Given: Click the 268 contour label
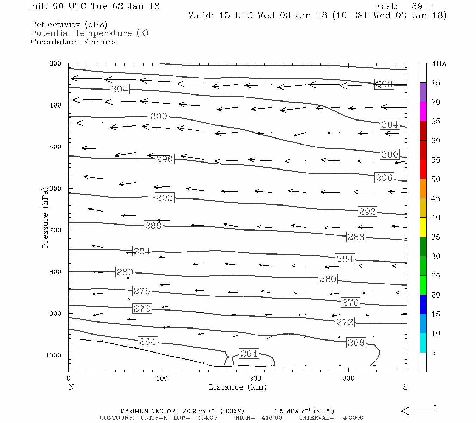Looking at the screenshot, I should pyautogui.click(x=356, y=343).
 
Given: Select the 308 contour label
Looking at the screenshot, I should pyautogui.click(x=384, y=84).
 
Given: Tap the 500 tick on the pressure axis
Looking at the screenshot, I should pyautogui.click(x=55, y=147).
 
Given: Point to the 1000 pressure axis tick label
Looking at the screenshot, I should pyautogui.click(x=54, y=355).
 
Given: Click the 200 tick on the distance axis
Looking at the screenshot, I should pyautogui.click(x=255, y=379).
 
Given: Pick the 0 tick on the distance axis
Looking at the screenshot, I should pyautogui.click(x=69, y=379).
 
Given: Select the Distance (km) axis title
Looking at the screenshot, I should pyautogui.click(x=237, y=387).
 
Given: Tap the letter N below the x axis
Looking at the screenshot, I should pyautogui.click(x=71, y=387).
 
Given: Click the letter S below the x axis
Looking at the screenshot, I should pyautogui.click(x=405, y=387).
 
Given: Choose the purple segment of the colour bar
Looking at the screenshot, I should pyautogui.click(x=423, y=92).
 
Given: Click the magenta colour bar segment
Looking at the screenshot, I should pyautogui.click(x=423, y=111).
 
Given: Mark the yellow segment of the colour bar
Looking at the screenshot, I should pyautogui.click(x=423, y=227).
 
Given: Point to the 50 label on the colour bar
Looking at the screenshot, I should pyautogui.click(x=435, y=179).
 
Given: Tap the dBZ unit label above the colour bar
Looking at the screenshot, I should pyautogui.click(x=438, y=64).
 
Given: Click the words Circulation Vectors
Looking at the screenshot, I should pyautogui.click(x=73, y=42).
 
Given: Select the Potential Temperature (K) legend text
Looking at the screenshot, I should pyautogui.click(x=90, y=33).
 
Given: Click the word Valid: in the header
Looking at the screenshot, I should pyautogui.click(x=201, y=16).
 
